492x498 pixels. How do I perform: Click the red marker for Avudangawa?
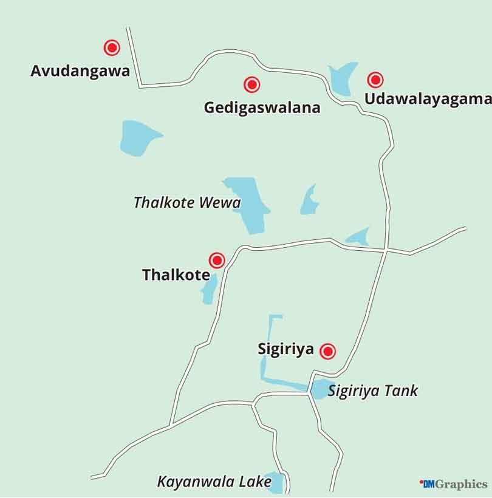[x=111, y=47]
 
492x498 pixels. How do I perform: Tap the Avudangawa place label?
[x=80, y=71]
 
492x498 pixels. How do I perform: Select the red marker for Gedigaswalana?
[x=251, y=84]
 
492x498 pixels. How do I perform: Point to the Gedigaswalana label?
[x=262, y=108]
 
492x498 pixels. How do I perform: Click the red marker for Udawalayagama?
[x=375, y=80]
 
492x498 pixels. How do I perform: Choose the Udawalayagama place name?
[x=427, y=99]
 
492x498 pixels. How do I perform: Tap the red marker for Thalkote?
[x=216, y=261]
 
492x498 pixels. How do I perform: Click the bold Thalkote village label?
[x=176, y=275]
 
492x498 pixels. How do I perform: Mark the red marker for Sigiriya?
[x=328, y=350]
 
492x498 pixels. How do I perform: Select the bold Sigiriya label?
[x=285, y=349]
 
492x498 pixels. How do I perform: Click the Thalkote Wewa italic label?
[x=187, y=203]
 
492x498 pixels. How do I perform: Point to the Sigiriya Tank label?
[x=373, y=391]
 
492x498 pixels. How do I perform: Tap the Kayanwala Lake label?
[x=214, y=482]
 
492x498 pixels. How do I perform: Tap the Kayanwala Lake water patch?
[x=276, y=482]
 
